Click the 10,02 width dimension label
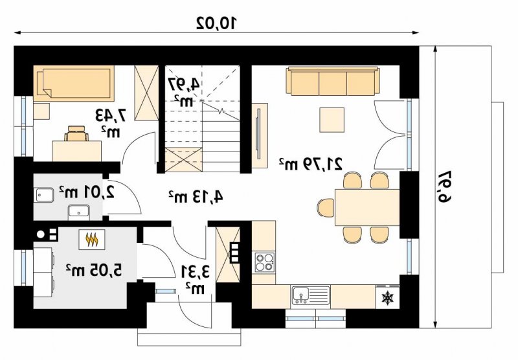(217, 23)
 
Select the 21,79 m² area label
(311, 164)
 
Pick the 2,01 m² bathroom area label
(87, 192)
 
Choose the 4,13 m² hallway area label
(196, 197)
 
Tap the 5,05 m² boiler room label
(94, 270)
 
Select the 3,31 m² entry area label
(196, 279)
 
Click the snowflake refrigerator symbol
(387, 297)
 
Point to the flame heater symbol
(92, 240)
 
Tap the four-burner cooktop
(265, 262)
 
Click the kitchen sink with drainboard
(311, 295)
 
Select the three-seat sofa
(332, 81)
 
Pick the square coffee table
(332, 120)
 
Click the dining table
(367, 207)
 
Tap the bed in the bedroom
(74, 84)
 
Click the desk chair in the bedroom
(76, 133)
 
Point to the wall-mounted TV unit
(260, 135)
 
